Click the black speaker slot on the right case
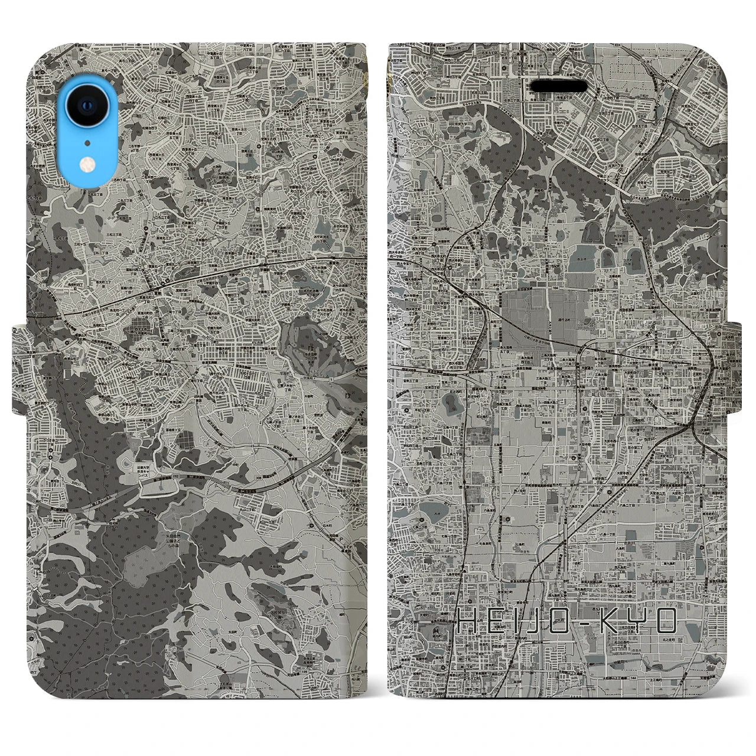pos(559,86)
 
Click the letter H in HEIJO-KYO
pos(470,621)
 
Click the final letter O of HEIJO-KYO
pos(667,621)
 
